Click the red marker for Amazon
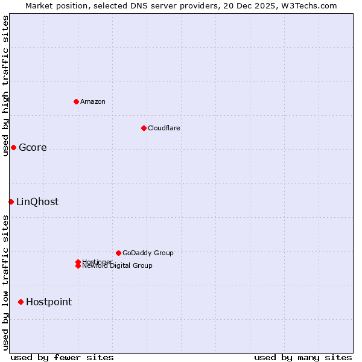(76, 101)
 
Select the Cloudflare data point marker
(144, 128)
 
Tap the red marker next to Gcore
(13, 147)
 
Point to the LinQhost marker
(11, 202)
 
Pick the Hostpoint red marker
(21, 302)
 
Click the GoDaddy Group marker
(118, 253)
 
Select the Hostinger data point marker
(78, 262)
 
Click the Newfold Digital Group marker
(78, 266)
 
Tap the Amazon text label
(93, 101)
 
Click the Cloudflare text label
(164, 128)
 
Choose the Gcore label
(33, 148)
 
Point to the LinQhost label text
(37, 202)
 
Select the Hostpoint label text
(49, 302)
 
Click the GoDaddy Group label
(148, 253)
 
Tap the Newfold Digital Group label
(118, 266)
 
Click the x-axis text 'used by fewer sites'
(62, 358)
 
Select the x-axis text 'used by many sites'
(303, 358)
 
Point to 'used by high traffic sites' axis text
(5, 86)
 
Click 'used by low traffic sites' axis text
(5, 282)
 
